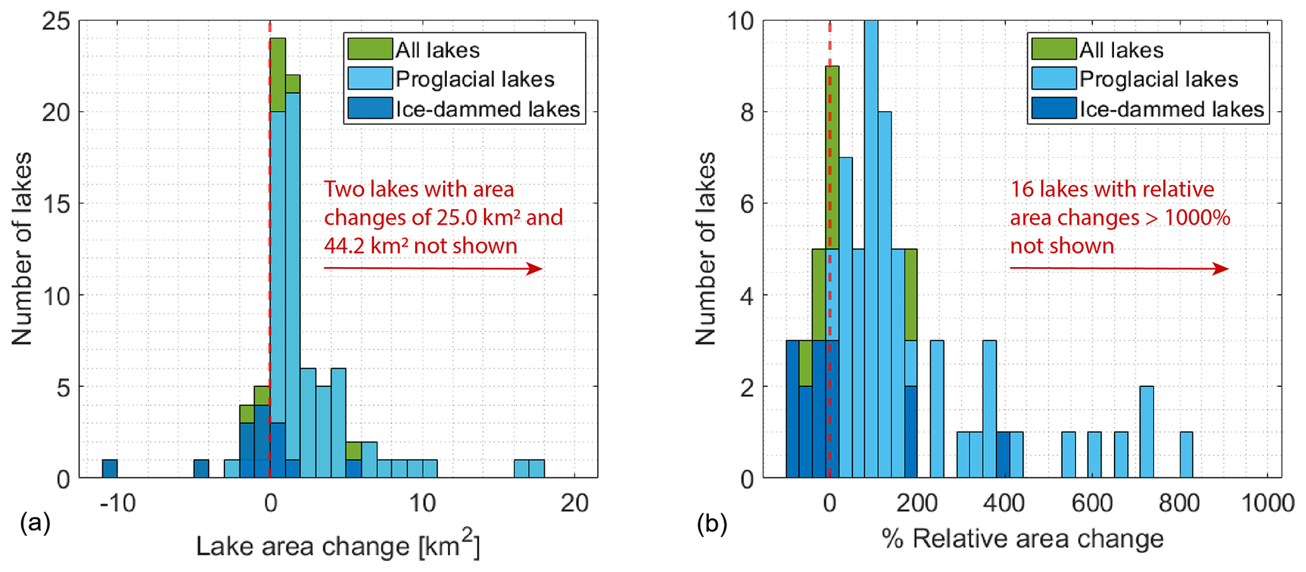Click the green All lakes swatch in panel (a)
370,49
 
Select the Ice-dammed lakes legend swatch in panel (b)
1053,109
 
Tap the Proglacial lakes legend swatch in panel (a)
370,79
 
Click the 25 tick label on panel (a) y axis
56,21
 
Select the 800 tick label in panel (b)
1179,504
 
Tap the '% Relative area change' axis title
1022,539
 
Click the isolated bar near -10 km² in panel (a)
110,468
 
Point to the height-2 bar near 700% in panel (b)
1146,432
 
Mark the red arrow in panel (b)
1118,269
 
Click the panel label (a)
35,523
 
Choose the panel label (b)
711,523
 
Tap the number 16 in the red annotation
1022,189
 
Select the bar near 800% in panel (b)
1186,455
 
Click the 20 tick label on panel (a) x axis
574,504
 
